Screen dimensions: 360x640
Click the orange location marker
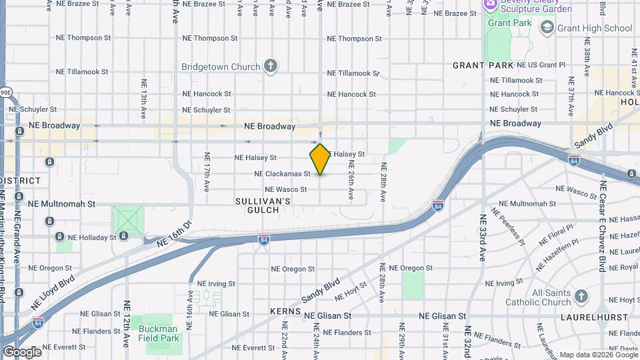(320, 159)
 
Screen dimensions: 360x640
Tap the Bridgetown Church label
(222, 67)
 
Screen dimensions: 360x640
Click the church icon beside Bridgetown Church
(270, 65)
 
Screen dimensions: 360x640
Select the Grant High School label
(595, 28)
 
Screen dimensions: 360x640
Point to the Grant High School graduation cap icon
(547, 27)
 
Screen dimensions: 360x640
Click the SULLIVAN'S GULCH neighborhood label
(263, 205)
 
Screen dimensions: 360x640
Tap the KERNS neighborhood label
(287, 312)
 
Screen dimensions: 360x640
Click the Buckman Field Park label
(159, 333)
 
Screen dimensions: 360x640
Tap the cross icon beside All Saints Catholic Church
(581, 296)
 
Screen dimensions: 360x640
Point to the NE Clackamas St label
(282, 174)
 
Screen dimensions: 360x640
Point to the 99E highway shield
(5, 92)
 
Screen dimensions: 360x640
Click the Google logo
(21, 351)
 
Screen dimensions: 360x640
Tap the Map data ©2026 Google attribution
(597, 355)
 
